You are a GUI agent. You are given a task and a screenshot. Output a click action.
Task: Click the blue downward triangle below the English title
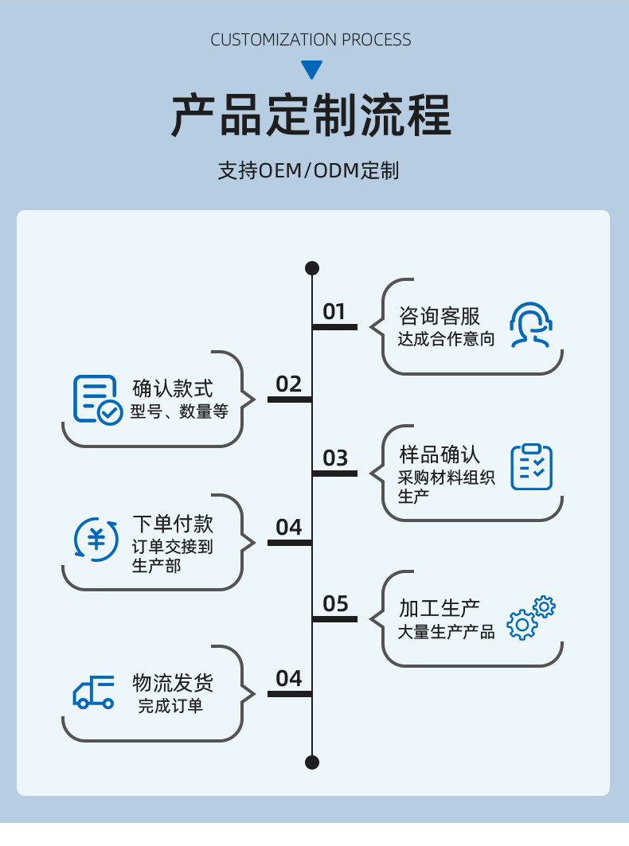312,70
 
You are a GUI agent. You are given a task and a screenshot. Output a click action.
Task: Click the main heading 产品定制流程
311,116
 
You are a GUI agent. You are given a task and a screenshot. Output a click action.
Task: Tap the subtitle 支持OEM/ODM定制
308,171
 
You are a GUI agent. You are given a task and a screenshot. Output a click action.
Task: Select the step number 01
334,312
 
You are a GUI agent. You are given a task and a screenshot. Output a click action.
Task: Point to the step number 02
289,384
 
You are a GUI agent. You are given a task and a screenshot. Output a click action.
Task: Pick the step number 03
335,458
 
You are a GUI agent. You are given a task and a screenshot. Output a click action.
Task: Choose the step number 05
335,604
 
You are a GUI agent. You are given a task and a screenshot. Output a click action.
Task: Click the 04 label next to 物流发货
289,679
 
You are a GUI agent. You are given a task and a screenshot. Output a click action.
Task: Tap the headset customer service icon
531,325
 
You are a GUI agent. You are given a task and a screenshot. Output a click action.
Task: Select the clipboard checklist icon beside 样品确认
531,467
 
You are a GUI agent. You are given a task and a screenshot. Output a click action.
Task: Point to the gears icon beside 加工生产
531,618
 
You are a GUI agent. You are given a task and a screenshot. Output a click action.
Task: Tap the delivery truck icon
94,692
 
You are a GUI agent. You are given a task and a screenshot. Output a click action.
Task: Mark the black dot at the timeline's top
312,268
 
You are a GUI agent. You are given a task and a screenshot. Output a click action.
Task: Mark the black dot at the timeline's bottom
312,762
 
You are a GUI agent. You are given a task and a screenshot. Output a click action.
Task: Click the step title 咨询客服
440,316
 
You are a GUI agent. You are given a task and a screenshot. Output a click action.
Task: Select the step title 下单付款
173,524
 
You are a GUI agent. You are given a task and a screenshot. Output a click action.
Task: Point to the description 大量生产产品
446,633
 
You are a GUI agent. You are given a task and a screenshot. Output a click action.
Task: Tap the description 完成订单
170,706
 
